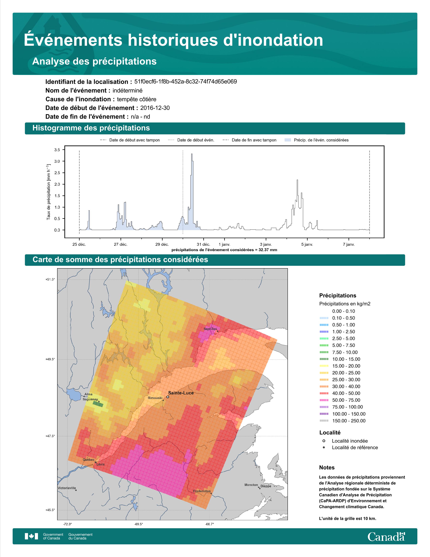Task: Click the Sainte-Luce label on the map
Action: [x=181, y=393]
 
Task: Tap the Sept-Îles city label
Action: [x=210, y=329]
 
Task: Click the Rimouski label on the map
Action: [x=155, y=398]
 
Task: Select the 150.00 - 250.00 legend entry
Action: [x=342, y=421]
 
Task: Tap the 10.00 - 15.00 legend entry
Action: [x=340, y=359]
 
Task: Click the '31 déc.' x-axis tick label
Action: [x=203, y=244]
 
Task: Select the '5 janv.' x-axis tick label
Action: [x=307, y=244]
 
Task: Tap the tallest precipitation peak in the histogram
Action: [x=192, y=154]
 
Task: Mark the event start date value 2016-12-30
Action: [x=155, y=108]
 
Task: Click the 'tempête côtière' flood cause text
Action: [x=137, y=99]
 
